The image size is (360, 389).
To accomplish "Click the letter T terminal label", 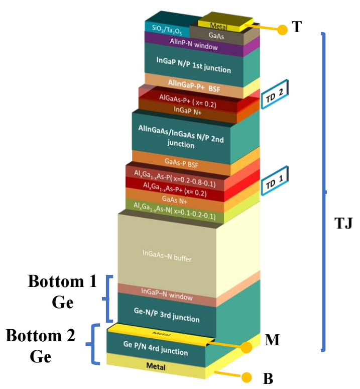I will [x=297, y=27].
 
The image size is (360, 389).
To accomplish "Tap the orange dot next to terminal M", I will [x=246, y=347].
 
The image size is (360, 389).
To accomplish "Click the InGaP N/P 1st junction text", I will [x=193, y=64].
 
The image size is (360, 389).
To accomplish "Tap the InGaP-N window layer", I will [x=167, y=296].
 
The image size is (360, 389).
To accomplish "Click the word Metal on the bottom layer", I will [x=156, y=367].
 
